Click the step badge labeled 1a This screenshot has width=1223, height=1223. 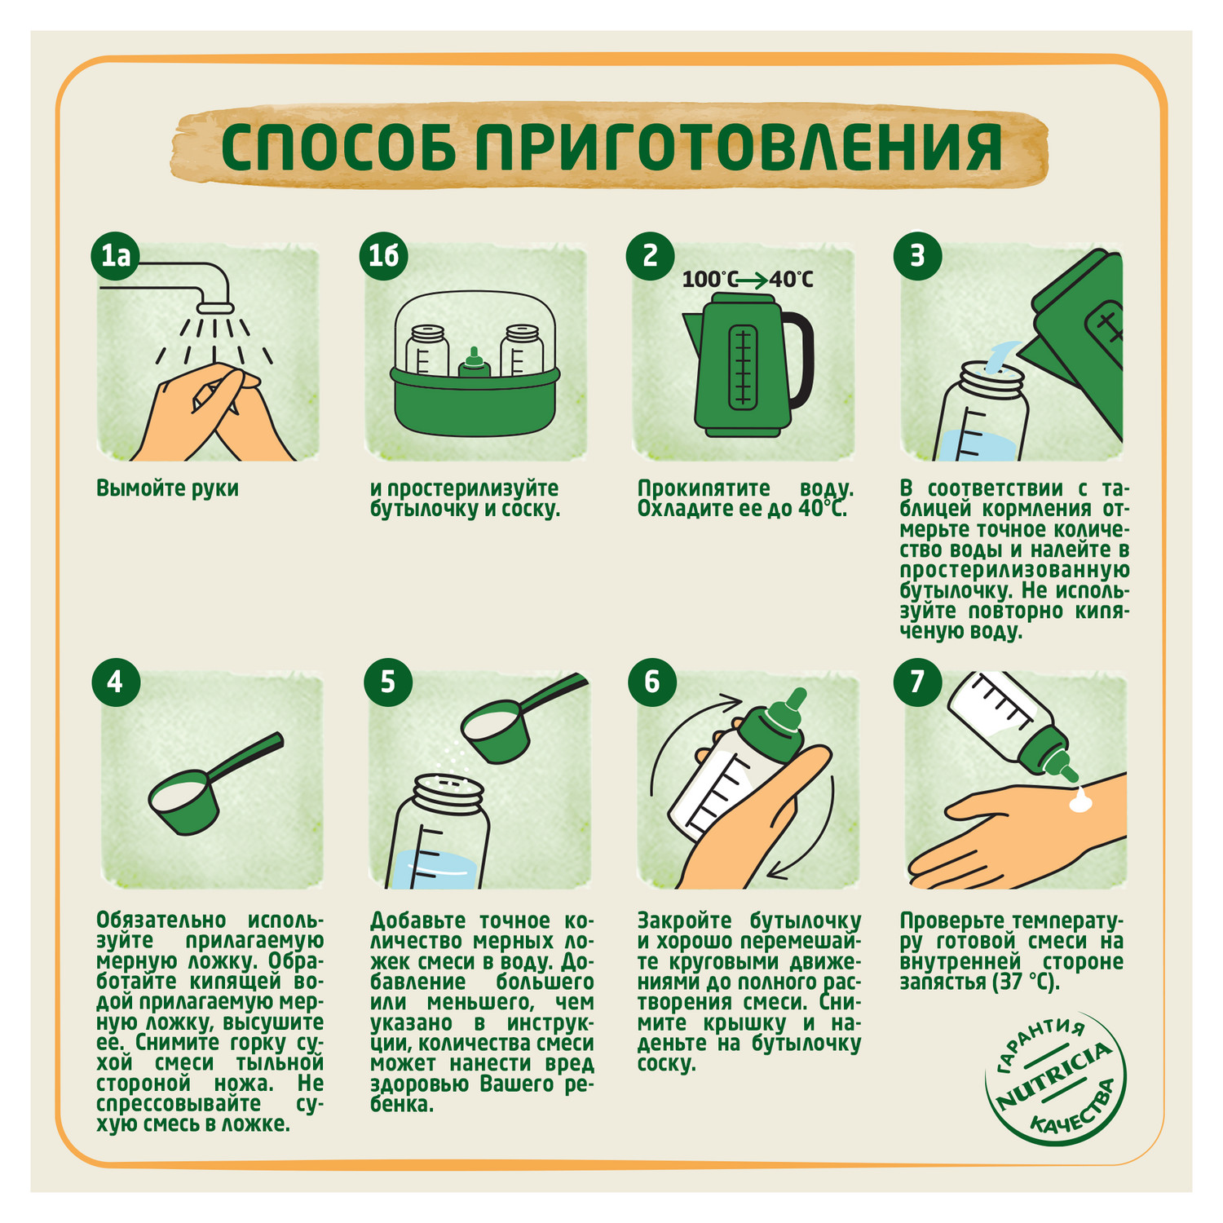(x=115, y=256)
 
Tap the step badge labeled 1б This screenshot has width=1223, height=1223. (x=384, y=256)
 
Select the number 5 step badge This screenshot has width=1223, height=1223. (x=386, y=681)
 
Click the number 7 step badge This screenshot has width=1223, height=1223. (x=916, y=681)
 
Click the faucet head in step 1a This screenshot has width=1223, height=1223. (x=216, y=307)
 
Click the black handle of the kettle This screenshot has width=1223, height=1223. (x=799, y=363)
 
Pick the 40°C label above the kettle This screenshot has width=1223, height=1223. (x=791, y=280)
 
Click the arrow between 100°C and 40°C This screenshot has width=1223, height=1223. (x=751, y=280)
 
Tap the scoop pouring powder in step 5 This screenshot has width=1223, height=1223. (x=506, y=726)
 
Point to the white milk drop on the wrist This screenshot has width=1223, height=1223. (x=1082, y=800)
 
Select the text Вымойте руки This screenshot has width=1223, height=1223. (x=167, y=488)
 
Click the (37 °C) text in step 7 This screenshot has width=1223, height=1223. (x=1026, y=982)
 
